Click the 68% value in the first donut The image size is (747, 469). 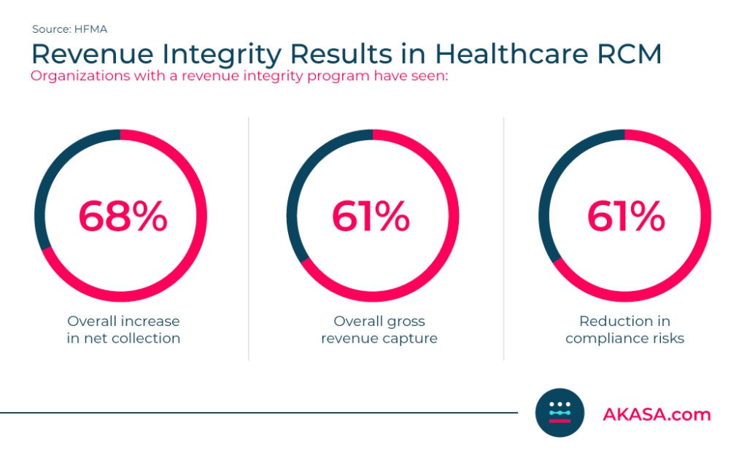(x=123, y=217)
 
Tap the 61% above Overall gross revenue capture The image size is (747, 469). (x=371, y=217)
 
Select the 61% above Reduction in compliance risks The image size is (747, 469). (x=625, y=217)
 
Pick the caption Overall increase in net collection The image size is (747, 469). (x=123, y=330)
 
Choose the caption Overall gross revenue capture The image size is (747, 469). (x=379, y=330)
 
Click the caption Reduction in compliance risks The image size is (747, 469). (x=624, y=330)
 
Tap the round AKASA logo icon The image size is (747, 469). (x=560, y=412)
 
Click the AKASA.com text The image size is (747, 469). (x=656, y=414)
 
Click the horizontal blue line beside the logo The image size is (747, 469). (x=255, y=413)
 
